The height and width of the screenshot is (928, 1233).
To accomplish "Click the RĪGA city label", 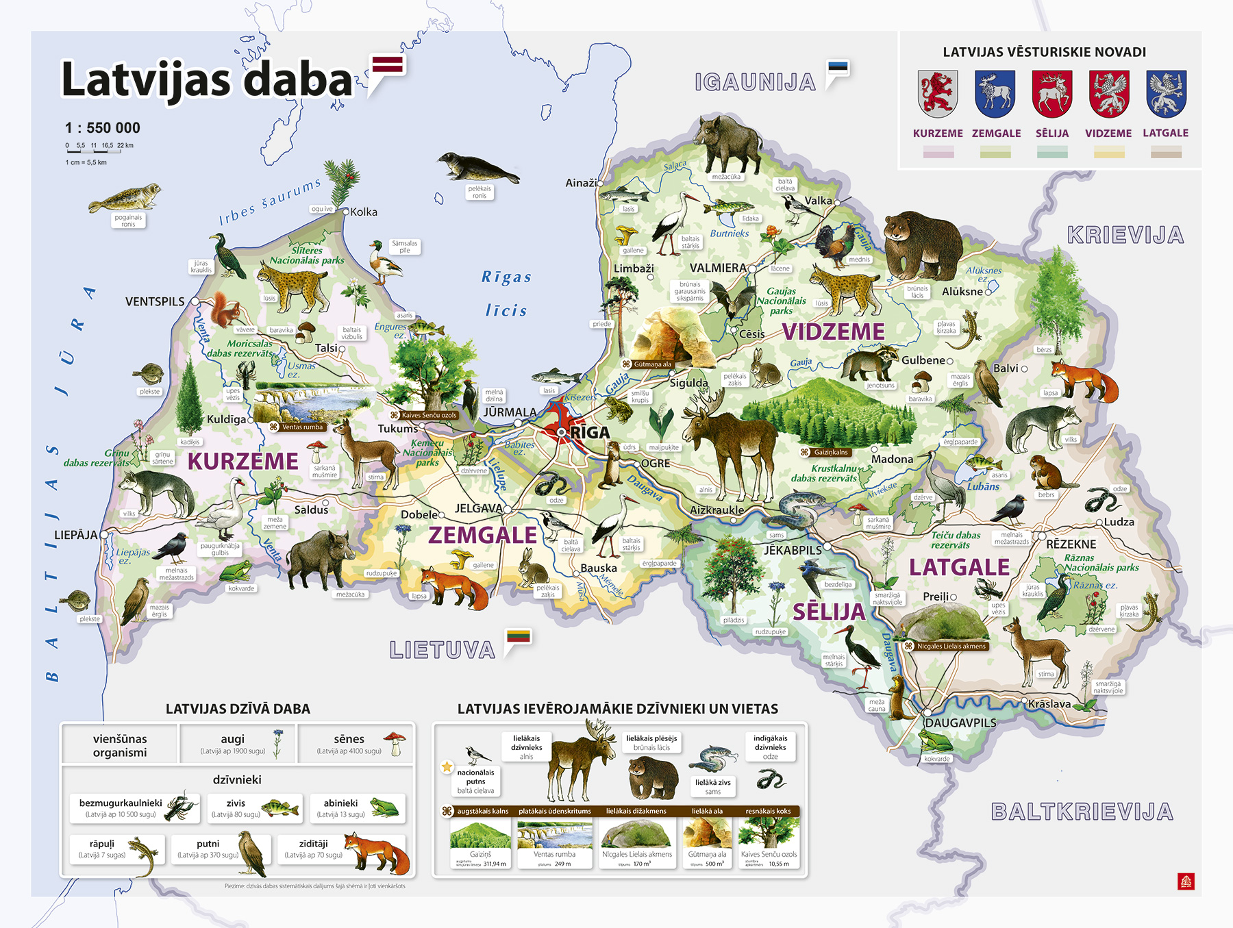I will click(590, 433).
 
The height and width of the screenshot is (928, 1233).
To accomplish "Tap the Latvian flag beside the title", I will click(388, 66).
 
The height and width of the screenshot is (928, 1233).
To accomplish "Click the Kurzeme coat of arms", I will click(938, 94).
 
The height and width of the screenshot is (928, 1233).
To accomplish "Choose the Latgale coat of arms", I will click(1166, 94).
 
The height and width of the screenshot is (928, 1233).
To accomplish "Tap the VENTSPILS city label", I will click(155, 301).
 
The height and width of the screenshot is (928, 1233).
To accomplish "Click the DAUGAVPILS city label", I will click(960, 723).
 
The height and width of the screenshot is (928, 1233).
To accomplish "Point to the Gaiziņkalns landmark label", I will click(830, 452).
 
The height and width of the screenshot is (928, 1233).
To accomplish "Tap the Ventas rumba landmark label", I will click(301, 427).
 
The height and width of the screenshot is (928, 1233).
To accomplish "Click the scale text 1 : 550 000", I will click(103, 128).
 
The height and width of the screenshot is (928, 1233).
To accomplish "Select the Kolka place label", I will click(363, 212).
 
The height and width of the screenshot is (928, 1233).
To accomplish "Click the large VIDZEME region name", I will click(833, 331).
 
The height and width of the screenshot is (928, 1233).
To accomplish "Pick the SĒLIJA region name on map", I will click(829, 612).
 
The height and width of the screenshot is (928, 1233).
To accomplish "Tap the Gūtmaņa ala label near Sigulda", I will click(651, 364).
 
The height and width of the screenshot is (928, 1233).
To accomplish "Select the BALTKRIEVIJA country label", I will click(1082, 812).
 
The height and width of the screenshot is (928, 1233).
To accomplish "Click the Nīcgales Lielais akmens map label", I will click(951, 646).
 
